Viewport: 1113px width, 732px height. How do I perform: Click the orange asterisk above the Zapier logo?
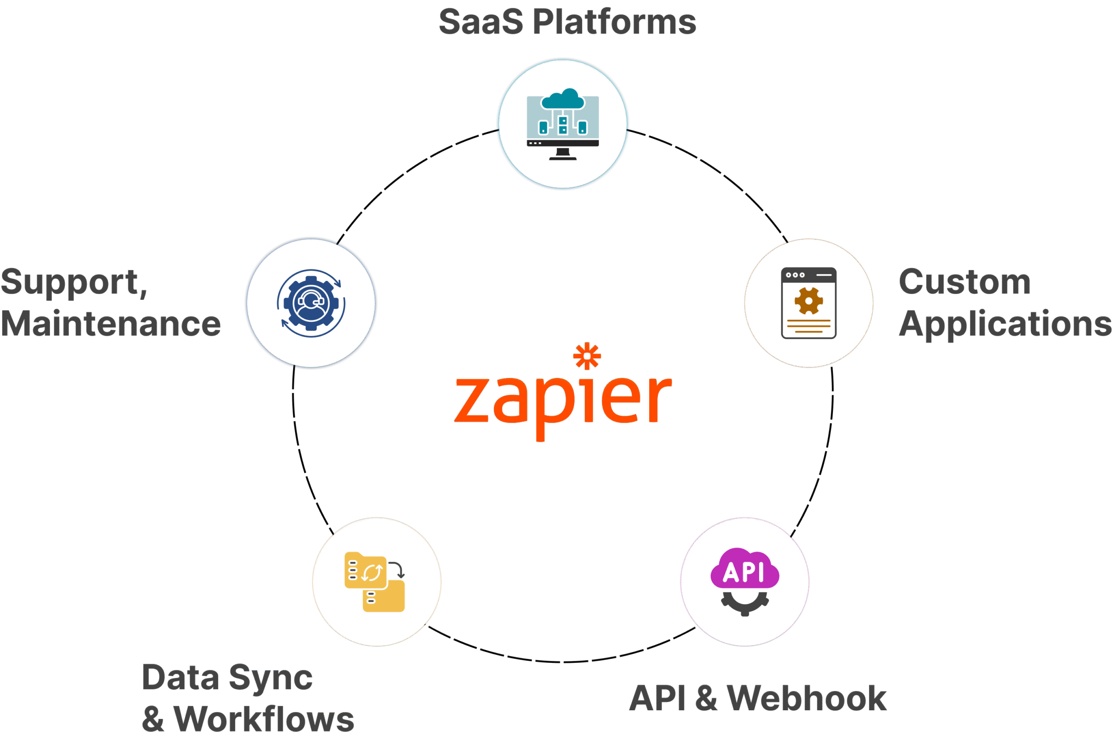(x=587, y=356)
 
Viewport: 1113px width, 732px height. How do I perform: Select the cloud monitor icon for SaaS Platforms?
(x=563, y=124)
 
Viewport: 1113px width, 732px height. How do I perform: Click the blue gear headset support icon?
(x=311, y=303)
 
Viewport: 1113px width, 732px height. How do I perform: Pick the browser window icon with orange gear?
(x=809, y=303)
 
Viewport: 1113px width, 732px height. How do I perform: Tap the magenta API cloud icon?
(x=744, y=569)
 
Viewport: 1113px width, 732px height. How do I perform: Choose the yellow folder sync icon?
(x=375, y=582)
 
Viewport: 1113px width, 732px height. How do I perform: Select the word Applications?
(x=1004, y=324)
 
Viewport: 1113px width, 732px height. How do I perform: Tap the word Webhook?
(x=806, y=699)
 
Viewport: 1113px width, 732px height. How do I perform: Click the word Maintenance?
(x=110, y=324)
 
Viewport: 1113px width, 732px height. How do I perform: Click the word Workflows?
(x=263, y=718)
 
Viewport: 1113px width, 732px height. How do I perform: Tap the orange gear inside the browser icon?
(x=809, y=301)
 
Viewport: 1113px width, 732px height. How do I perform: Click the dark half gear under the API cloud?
(x=744, y=603)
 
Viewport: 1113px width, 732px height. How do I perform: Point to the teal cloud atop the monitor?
(x=563, y=99)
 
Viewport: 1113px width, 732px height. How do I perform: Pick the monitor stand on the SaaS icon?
(x=563, y=154)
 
